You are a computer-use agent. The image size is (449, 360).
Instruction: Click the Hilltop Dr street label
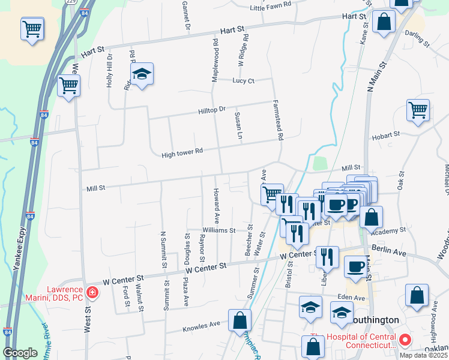212,111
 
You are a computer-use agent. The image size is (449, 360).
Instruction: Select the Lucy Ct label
244,80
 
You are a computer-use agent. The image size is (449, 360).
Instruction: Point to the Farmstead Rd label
279,120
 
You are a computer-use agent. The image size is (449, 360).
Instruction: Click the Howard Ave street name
215,205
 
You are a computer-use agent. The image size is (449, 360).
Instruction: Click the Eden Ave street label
351,298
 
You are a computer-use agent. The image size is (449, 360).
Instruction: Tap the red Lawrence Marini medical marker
92,293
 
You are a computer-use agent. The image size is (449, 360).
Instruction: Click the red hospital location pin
405,341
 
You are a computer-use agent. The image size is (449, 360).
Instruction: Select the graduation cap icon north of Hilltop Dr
143,74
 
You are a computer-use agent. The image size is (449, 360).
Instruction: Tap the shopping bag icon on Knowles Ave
240,320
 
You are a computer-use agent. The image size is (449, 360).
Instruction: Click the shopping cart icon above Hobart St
418,110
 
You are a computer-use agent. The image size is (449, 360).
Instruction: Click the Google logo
20,353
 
